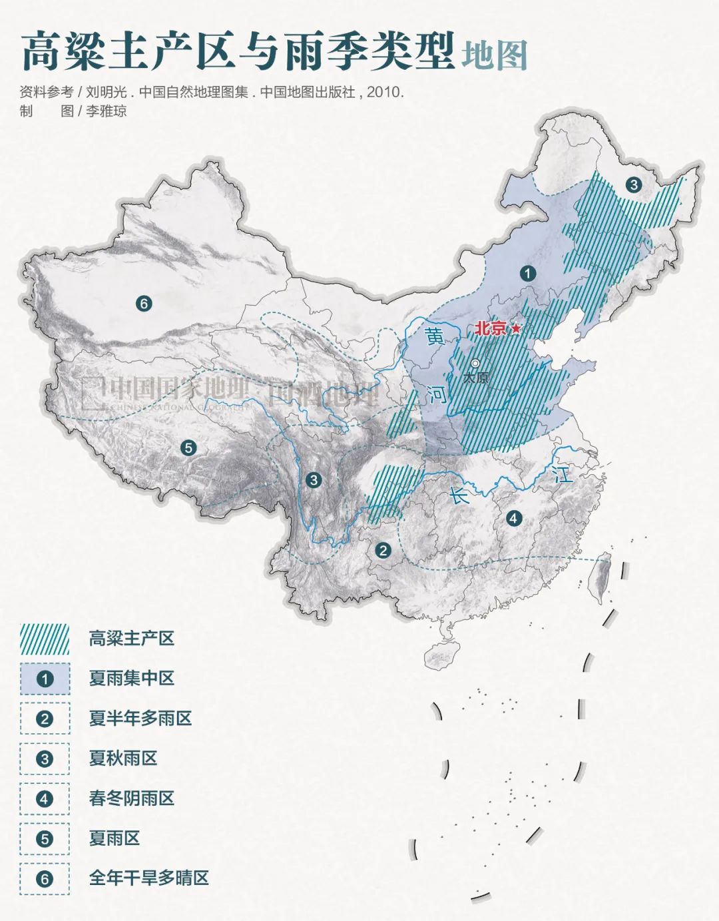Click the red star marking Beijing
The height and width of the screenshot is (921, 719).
(516, 328)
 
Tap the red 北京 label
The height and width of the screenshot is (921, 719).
(491, 328)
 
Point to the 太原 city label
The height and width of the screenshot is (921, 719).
(475, 378)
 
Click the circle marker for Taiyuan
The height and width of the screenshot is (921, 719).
(475, 364)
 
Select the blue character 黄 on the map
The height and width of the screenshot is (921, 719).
(435, 336)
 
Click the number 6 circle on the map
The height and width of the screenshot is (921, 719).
(143, 304)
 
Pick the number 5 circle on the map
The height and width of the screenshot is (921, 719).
(188, 448)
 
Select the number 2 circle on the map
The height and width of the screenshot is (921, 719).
(383, 549)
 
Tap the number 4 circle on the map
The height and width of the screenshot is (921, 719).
(513, 517)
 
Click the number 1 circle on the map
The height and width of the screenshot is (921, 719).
(527, 273)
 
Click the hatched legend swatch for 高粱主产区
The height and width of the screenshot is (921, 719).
(45, 639)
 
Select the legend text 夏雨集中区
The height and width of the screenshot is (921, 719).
(132, 679)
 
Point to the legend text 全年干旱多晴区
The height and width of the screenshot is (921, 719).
(149, 878)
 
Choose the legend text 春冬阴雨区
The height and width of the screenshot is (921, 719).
(132, 798)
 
